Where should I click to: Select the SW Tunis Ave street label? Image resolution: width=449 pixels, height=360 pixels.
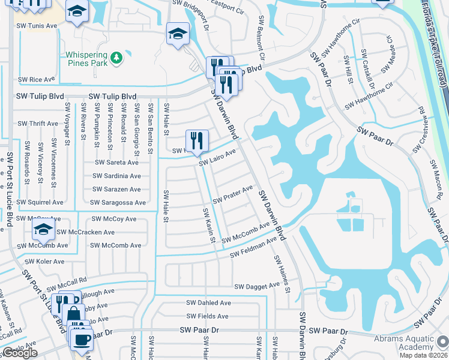pos(37,26)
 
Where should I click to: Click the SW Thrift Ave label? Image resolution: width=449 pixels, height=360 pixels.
pos(38,124)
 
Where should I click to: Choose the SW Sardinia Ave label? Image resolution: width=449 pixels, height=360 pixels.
pos(116,176)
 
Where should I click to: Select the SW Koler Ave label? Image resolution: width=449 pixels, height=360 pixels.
pos(44,262)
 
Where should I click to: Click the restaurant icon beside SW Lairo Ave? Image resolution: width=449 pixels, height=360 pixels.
pos(197,142)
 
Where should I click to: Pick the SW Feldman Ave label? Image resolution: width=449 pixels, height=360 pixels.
pos(255,246)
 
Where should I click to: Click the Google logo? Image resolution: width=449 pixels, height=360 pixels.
pos(20,353)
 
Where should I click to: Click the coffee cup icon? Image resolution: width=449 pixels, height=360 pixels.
pos(81,339)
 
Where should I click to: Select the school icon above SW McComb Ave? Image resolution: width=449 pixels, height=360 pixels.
pos(43,230)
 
